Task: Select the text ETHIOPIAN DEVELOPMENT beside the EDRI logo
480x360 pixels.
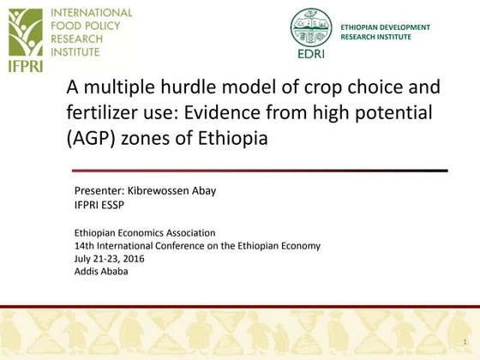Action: pyautogui.click(x=385, y=27)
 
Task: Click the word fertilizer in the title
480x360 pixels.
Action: pyautogui.click(x=102, y=111)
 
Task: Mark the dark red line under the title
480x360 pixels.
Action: pyautogui.click(x=257, y=171)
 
